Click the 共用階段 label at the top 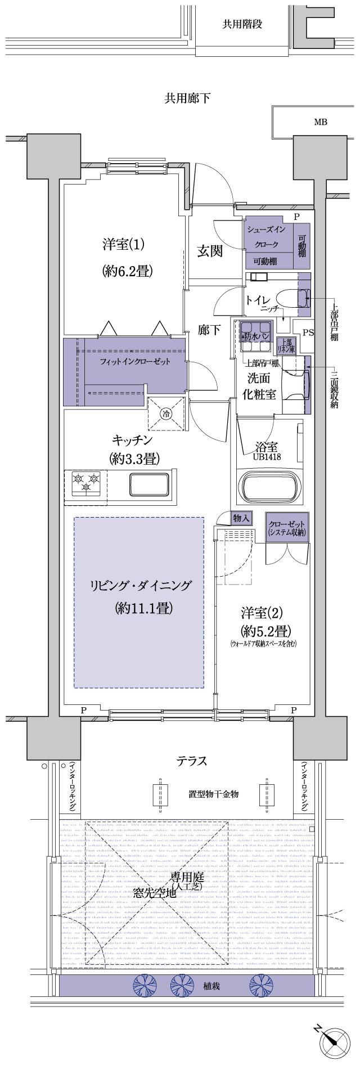click(242, 24)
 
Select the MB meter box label click(320, 122)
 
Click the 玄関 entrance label click(209, 251)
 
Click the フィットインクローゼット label click(134, 361)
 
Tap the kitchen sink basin click(149, 483)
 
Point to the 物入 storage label click(241, 518)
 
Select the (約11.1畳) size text click(143, 608)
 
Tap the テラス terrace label click(192, 761)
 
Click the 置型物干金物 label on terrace click(214, 794)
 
